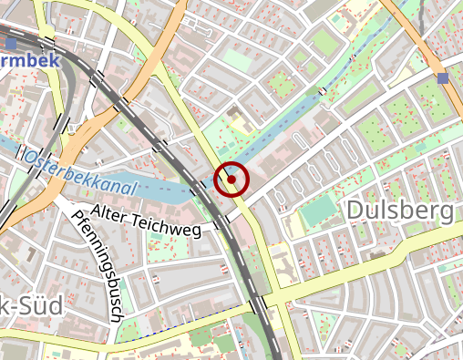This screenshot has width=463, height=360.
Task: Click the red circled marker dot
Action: (231, 180)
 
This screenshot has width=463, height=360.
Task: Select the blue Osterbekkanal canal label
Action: (80, 172)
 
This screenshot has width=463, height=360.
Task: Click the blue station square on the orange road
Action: (443, 78)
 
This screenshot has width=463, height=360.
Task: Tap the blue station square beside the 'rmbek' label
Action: (10, 43)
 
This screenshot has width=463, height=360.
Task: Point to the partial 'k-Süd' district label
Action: (31, 305)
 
